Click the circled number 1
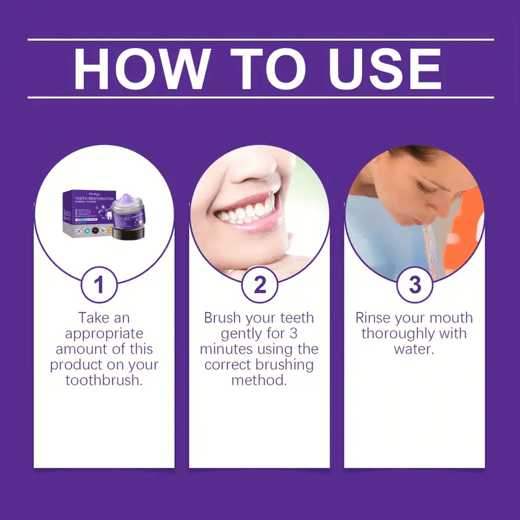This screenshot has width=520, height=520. (x=104, y=285)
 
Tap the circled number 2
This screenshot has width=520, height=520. (x=259, y=285)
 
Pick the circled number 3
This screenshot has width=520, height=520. (x=415, y=285)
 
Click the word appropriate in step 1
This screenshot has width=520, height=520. (x=104, y=333)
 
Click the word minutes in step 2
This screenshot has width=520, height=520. (x=228, y=349)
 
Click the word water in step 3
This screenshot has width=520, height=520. (x=414, y=349)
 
